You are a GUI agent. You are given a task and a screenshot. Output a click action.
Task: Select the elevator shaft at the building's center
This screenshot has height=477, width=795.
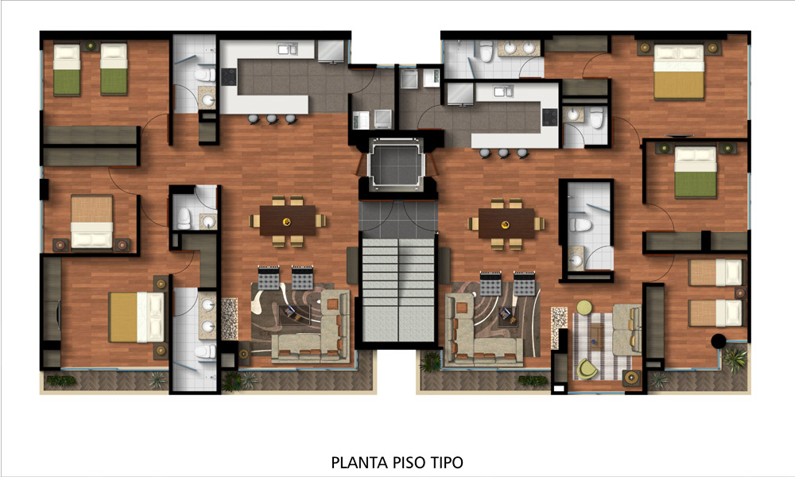(396, 163)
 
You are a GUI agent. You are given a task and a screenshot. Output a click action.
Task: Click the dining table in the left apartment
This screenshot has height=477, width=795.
(288, 220)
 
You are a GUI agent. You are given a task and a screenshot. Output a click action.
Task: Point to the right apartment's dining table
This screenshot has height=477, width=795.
(506, 223)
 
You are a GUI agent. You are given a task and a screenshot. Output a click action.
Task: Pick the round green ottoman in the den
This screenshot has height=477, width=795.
(584, 307)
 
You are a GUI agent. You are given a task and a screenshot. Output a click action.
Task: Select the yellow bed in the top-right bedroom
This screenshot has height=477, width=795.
(679, 72)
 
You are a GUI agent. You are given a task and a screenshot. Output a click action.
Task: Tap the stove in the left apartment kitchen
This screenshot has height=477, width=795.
(229, 77)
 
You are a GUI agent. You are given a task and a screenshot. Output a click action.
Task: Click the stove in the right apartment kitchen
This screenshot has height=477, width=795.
(549, 117)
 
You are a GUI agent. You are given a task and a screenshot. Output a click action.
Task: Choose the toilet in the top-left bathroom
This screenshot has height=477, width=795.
(205, 75)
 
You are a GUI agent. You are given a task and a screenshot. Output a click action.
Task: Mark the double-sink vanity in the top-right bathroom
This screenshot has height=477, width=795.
(518, 48)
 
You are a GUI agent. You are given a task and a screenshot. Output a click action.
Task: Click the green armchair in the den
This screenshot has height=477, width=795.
(588, 369)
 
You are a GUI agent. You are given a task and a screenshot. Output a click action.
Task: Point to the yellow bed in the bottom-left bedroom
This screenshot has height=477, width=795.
(136, 317)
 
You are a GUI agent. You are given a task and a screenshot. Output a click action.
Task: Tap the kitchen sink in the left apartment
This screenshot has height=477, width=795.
(287, 49)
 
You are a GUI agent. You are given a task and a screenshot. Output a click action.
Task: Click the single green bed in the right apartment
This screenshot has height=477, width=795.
(696, 173)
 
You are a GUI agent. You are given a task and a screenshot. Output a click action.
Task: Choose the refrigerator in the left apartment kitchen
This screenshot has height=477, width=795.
(331, 51)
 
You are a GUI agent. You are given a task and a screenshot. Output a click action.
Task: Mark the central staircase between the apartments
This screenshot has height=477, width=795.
(398, 290)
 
